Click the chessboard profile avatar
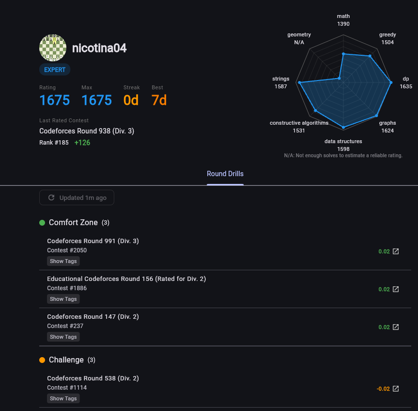coord(52,48)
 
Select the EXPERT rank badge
coord(55,70)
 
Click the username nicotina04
coord(99,48)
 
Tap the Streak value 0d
coord(131,100)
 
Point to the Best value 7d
coord(159,100)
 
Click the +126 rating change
coord(82,143)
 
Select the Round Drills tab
coord(225,174)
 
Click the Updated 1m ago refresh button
coord(77,197)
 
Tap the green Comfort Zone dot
coord(42,223)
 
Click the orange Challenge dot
coord(42,360)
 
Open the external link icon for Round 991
coord(396,251)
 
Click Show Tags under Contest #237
coord(63,337)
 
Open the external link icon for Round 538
coord(396,389)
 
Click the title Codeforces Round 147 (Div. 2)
coord(93,317)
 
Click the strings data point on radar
coord(300,83)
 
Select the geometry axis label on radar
coord(299,35)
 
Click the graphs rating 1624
coord(387,131)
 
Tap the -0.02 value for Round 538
coord(383,389)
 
